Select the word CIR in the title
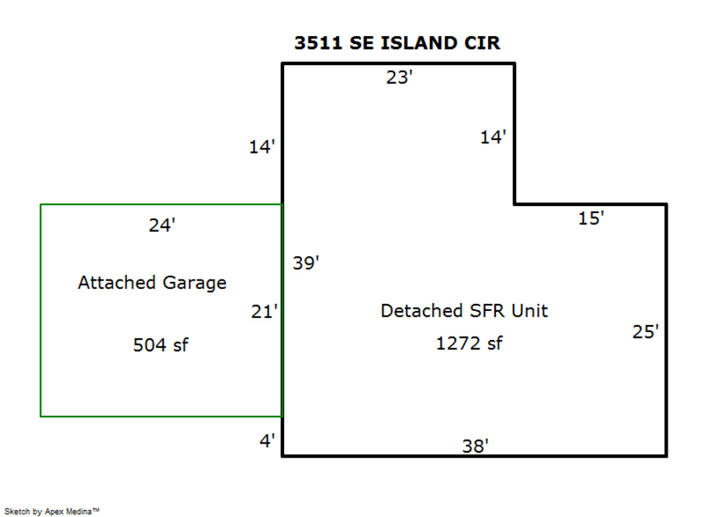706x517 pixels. click(x=482, y=43)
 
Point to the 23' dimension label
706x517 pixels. click(x=399, y=78)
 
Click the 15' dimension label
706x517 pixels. click(x=591, y=218)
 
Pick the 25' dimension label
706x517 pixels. click(x=646, y=332)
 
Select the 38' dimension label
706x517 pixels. click(x=475, y=446)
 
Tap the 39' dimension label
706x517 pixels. click(x=306, y=262)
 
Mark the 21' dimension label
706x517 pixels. click(x=264, y=312)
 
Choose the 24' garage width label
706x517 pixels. click(x=162, y=225)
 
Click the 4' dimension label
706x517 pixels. click(x=267, y=440)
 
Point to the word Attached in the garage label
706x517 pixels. click(x=117, y=282)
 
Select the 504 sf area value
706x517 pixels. click(x=161, y=345)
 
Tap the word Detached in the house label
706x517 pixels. click(x=421, y=311)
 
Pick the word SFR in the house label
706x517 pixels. click(x=486, y=311)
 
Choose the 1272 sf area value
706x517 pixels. click(x=469, y=343)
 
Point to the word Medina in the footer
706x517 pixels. click(x=78, y=511)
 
